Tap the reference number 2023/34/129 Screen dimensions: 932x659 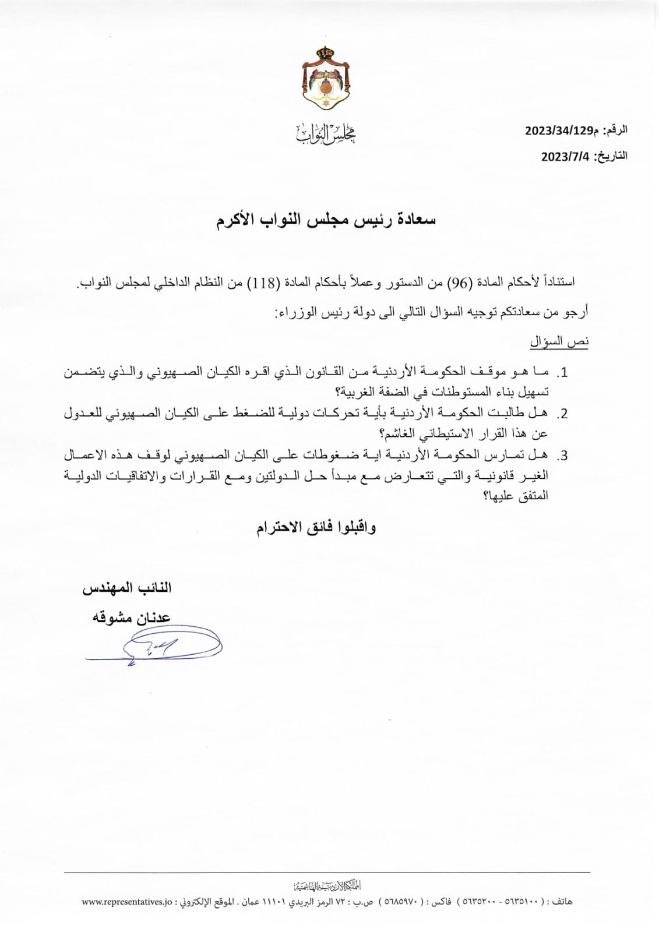coord(559,130)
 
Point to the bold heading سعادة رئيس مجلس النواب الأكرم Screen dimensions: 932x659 coord(326,220)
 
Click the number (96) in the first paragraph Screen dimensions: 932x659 coord(456,283)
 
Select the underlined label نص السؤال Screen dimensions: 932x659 coord(559,342)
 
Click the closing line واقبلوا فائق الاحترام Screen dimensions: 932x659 coord(316,528)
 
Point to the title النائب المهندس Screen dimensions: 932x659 coord(126,588)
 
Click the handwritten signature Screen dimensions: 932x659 coord(157,645)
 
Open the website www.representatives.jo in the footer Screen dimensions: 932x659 coord(127,902)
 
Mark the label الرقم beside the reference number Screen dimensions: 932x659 coord(615,130)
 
